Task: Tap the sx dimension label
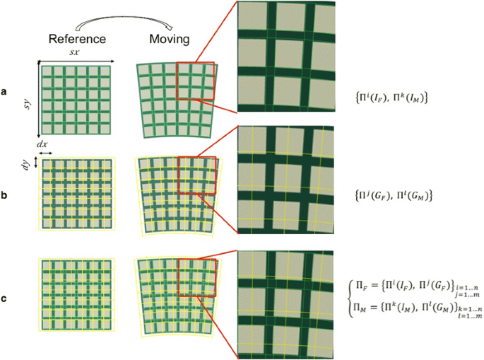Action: tap(73, 53)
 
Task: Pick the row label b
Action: tap(5, 193)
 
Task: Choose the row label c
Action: tap(5, 298)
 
